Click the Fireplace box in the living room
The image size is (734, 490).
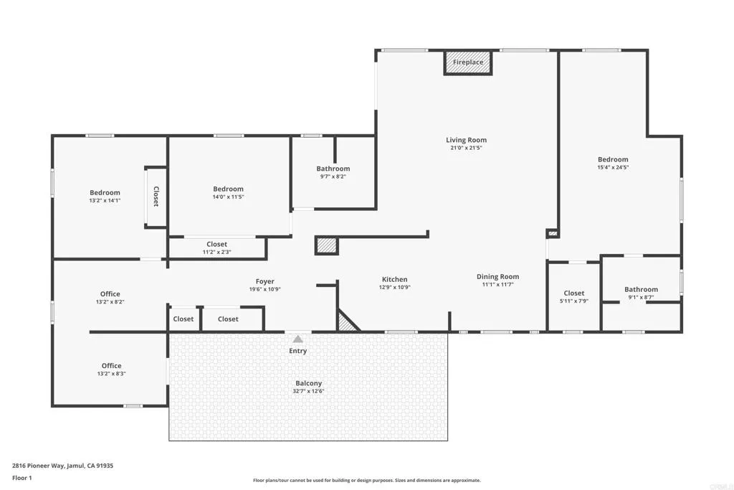(x=468, y=62)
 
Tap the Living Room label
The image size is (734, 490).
(x=466, y=140)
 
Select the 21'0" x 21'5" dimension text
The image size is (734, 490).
(x=466, y=149)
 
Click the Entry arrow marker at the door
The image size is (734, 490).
(x=297, y=339)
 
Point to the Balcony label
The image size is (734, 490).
(x=308, y=383)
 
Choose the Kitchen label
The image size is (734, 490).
(x=394, y=279)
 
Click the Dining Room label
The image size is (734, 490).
(x=497, y=276)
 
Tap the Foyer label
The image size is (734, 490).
(x=264, y=281)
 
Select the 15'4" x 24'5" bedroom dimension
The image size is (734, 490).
(x=613, y=167)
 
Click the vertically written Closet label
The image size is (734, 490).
(x=156, y=197)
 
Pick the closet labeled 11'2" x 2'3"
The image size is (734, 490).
(x=216, y=248)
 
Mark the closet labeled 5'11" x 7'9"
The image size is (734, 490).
(x=573, y=297)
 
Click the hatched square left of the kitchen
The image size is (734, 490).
(x=326, y=245)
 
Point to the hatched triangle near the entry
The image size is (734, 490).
(x=347, y=322)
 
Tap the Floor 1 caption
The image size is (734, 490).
(x=23, y=477)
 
